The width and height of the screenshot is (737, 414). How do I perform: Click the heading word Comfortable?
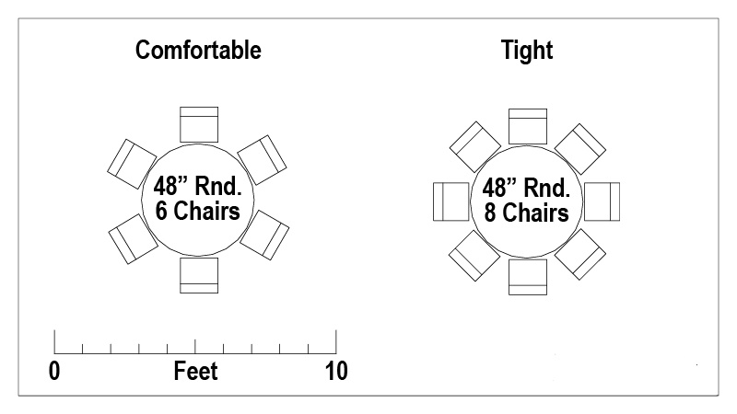[198, 51]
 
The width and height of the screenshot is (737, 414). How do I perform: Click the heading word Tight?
[527, 51]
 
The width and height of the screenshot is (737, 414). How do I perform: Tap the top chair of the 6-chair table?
[199, 124]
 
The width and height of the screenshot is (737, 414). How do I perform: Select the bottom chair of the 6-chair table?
[199, 275]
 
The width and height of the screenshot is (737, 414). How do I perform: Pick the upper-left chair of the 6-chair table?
[132, 164]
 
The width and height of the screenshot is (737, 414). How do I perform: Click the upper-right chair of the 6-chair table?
[262, 160]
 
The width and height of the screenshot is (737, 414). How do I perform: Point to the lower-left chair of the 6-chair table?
[134, 239]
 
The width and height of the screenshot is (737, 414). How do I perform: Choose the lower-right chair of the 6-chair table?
[264, 236]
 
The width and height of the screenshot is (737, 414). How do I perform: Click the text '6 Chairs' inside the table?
[198, 211]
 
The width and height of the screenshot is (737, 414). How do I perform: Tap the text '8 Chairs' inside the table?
[527, 213]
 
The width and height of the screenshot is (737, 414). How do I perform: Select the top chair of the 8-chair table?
[528, 126]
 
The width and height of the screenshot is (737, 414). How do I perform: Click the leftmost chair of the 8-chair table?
[451, 201]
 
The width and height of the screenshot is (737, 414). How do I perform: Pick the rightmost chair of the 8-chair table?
[602, 201]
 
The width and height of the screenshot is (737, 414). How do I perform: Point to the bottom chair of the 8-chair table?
[528, 278]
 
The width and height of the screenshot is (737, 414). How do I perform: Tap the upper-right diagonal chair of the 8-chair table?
[580, 149]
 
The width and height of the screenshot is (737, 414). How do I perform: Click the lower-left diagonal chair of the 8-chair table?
[474, 256]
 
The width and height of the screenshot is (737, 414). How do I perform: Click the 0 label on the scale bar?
[54, 371]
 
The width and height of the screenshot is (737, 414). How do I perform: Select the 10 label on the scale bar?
[336, 371]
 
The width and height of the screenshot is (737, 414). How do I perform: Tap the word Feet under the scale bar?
[195, 371]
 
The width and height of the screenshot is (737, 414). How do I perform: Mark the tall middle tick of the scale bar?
[195, 347]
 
